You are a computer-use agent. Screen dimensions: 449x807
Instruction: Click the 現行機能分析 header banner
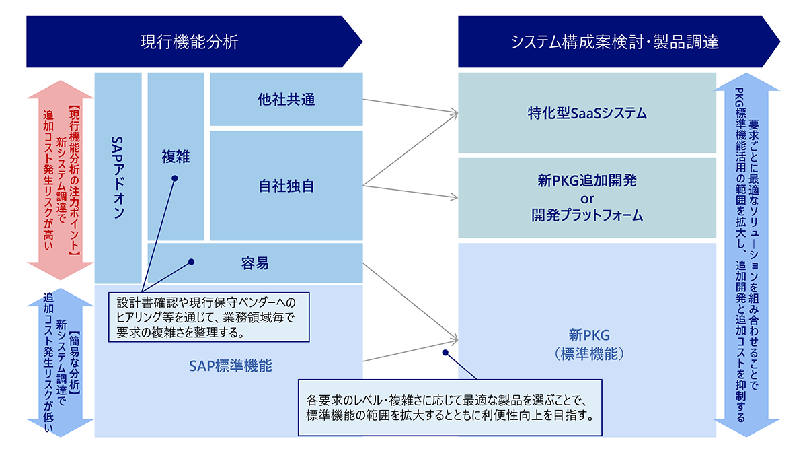coord(189,42)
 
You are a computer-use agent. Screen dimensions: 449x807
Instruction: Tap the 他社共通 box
coord(286,100)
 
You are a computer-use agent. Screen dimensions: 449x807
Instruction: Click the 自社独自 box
coord(286,186)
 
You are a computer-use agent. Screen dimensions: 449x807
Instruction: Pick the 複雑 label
coord(176,157)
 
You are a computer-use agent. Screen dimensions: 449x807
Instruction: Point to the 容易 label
coord(255,263)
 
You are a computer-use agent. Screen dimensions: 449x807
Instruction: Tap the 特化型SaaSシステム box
coord(587,113)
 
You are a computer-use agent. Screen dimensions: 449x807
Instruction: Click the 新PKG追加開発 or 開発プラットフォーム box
coord(587,198)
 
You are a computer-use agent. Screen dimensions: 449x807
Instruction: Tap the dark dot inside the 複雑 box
coord(175,178)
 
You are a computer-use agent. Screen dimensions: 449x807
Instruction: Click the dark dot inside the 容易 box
coord(192,262)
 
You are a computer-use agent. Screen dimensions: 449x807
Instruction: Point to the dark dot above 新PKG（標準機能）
coord(445,352)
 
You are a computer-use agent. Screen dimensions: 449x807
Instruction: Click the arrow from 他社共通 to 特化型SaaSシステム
coord(410,106)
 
